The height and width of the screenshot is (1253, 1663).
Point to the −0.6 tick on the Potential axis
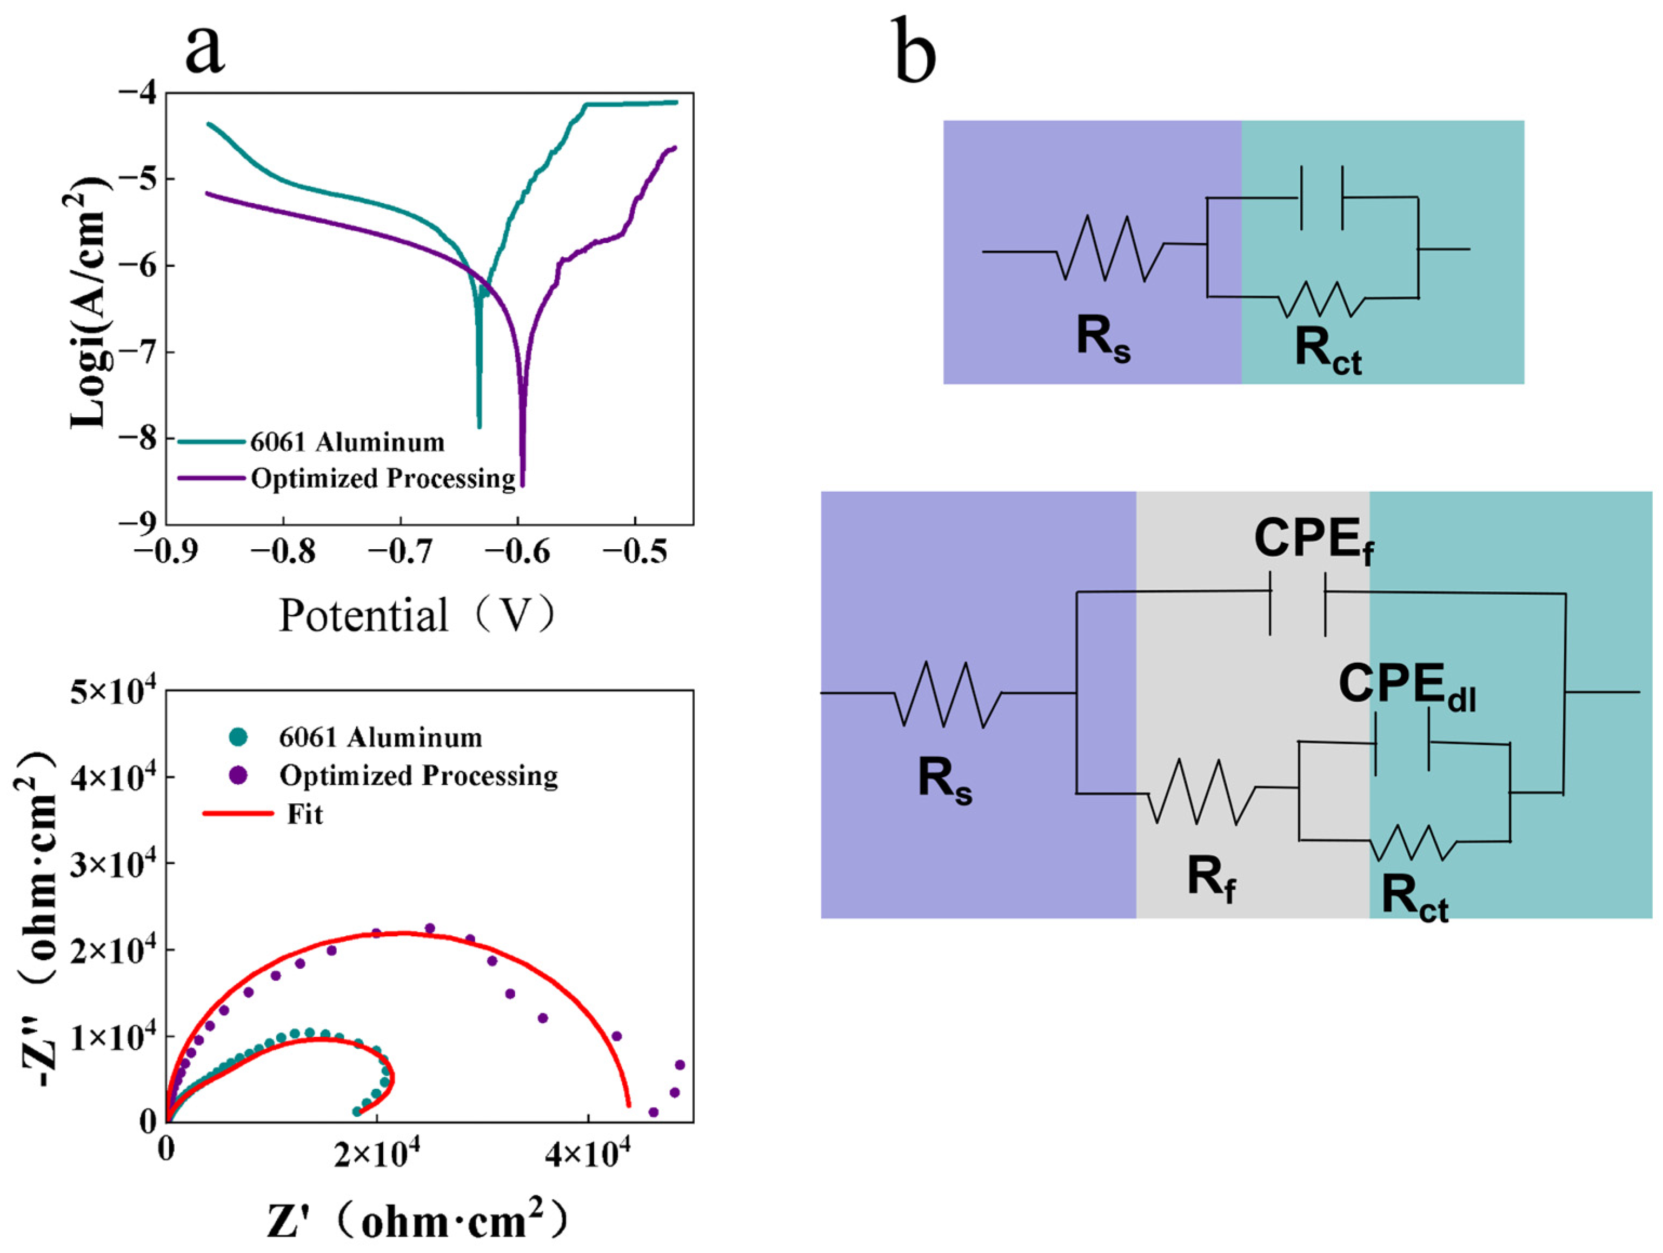(517, 552)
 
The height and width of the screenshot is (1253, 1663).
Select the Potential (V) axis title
(417, 616)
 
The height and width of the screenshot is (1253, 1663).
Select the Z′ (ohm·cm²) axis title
(417, 1219)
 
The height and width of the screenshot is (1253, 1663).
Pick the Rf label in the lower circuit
(1211, 878)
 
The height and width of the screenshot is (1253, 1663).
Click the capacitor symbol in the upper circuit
(1322, 198)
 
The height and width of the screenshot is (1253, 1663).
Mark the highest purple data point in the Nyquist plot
(430, 928)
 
